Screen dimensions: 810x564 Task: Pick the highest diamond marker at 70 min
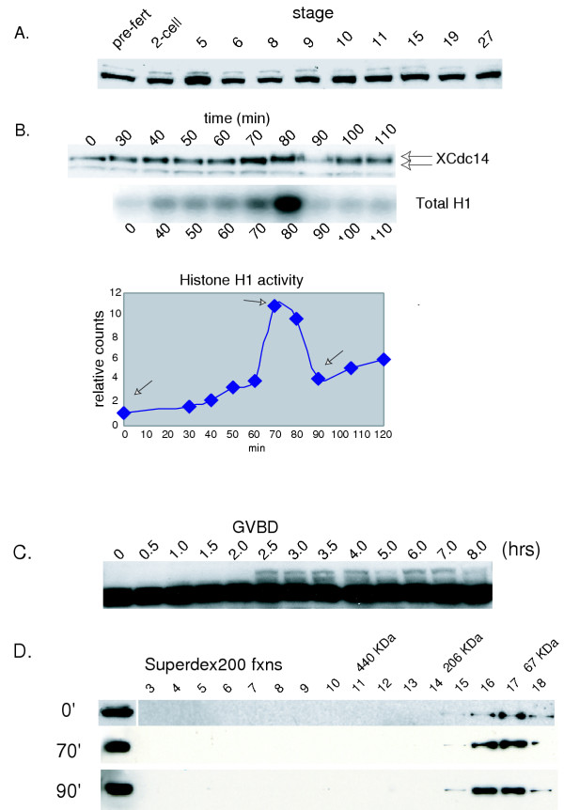[275, 305]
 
